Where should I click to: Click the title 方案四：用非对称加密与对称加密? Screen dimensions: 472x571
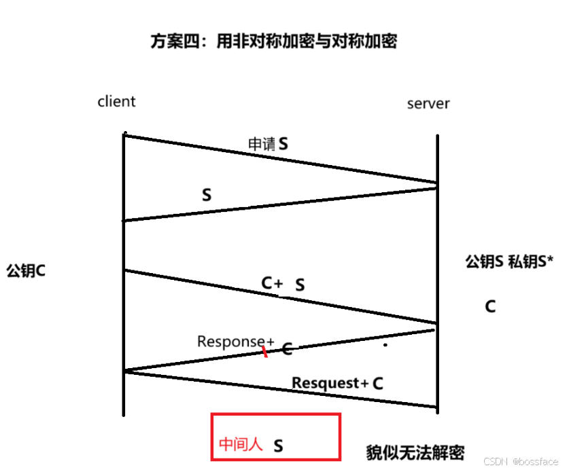(x=273, y=41)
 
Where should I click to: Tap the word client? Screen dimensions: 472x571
(x=116, y=101)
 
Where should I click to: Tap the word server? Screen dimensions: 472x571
(x=428, y=103)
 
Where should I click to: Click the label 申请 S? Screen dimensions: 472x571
(x=267, y=144)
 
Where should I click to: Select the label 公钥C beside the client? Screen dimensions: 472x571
(x=26, y=270)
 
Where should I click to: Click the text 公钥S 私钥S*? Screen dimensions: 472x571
(x=510, y=261)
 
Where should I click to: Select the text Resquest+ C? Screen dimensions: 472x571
(x=337, y=383)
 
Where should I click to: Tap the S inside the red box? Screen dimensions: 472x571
(x=278, y=446)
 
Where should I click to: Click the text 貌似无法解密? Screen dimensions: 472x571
(x=415, y=452)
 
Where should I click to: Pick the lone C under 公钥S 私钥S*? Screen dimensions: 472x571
(x=490, y=306)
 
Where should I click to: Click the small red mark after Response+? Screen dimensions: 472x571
(x=265, y=352)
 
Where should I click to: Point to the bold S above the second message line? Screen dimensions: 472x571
(x=207, y=195)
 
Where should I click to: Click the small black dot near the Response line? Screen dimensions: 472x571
(x=385, y=345)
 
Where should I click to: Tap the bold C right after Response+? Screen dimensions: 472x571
(x=287, y=349)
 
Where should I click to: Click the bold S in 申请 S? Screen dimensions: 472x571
(x=283, y=144)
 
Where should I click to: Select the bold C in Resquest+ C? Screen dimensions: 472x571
(x=378, y=383)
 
